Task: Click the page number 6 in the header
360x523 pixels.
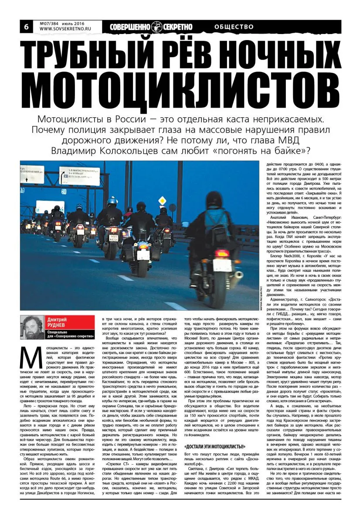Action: click(26, 27)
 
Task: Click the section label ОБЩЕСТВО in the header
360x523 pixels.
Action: click(234, 27)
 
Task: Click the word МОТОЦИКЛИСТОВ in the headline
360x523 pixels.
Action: click(180, 89)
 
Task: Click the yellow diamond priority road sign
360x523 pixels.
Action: click(163, 200)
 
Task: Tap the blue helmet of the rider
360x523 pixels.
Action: click(112, 202)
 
